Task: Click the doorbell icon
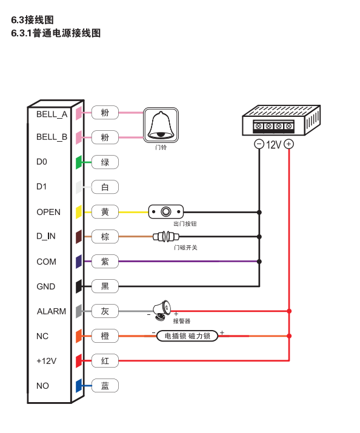tap(161, 125)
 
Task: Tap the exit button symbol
tap(166, 212)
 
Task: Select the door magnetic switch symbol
tap(166, 236)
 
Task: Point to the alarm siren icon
tap(162, 311)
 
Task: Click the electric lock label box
tap(187, 335)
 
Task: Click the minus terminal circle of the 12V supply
tap(259, 144)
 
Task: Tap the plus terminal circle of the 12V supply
tap(288, 144)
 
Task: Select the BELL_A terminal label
tap(52, 114)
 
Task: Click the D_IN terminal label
tap(46, 236)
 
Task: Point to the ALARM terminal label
tap(52, 311)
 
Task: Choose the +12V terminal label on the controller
tap(47, 361)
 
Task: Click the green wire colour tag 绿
tap(105, 162)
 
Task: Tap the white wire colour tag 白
tap(105, 187)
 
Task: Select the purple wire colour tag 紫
tap(105, 262)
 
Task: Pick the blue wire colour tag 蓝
tap(105, 386)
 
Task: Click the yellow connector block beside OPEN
tap(79, 212)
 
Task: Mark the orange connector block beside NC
tap(79, 336)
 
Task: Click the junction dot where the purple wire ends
tap(259, 262)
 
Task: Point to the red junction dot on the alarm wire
tap(289, 311)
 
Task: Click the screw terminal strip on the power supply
tap(273, 126)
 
